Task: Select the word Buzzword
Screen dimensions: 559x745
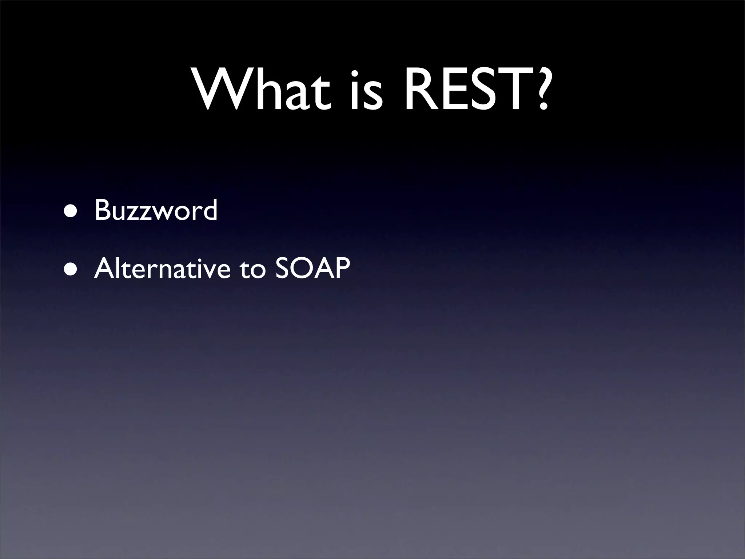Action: point(156,210)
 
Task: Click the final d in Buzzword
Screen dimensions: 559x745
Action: point(210,210)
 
